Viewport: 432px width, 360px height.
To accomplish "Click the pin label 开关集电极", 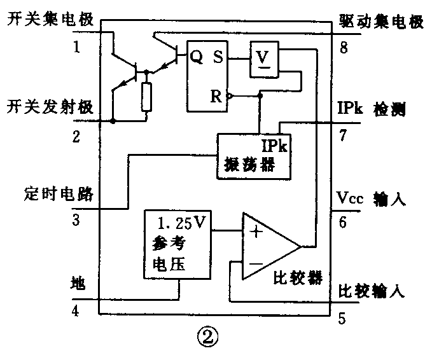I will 50,21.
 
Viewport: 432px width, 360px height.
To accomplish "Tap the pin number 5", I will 342,318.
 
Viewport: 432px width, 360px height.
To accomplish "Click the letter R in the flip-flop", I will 216,97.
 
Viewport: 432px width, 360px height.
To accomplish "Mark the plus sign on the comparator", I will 256,232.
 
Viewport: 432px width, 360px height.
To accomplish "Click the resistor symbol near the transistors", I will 147,97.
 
